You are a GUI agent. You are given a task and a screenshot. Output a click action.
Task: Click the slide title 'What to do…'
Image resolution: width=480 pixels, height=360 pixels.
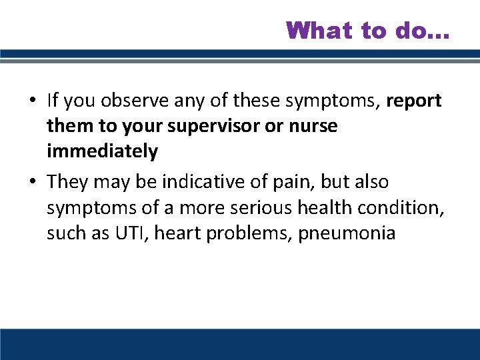tap(368, 30)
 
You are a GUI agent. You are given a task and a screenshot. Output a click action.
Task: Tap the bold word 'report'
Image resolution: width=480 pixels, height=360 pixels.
tap(413, 100)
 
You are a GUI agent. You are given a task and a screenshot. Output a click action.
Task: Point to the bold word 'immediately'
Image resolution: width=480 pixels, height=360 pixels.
tap(102, 152)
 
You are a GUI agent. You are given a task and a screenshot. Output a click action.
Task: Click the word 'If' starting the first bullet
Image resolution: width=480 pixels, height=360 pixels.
tap(53, 100)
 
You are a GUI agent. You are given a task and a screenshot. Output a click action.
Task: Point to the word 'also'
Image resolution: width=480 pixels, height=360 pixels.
tap(373, 182)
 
